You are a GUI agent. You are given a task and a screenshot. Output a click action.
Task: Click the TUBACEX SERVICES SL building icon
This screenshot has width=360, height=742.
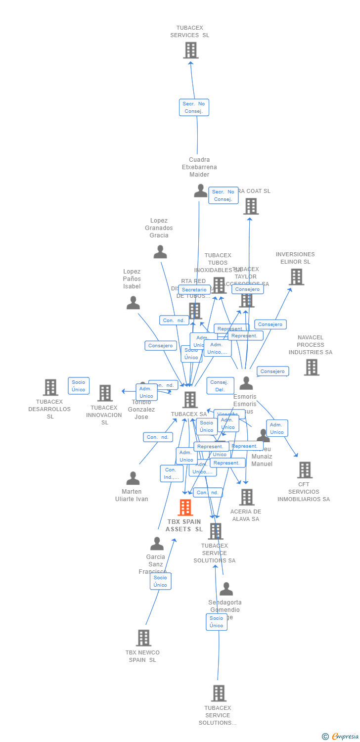pos(190,50)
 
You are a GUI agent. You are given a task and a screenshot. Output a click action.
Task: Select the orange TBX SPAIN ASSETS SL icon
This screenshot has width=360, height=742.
pos(185,508)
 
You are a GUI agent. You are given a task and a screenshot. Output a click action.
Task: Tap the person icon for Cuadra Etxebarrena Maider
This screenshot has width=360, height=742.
pos(200,191)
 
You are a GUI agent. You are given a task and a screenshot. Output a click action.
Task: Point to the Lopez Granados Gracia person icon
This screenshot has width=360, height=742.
pos(160,252)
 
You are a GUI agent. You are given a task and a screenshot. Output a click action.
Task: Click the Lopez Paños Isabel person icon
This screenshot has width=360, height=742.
pos(133,303)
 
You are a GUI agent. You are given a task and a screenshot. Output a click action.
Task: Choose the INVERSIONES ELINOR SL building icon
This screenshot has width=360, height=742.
pos(296,277)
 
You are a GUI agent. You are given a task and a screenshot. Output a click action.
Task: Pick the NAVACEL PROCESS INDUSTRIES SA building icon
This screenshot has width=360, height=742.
pos(311,367)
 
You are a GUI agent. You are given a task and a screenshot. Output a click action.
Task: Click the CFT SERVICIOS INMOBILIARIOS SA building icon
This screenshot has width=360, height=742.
pos(304,470)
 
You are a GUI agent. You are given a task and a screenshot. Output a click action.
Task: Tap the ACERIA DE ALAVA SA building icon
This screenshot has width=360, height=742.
pos(246,497)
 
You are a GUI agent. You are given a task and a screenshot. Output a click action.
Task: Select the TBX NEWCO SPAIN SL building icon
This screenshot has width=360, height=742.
pos(143,638)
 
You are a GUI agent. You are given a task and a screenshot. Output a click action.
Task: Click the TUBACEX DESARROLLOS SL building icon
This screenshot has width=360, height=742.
pos(50,387)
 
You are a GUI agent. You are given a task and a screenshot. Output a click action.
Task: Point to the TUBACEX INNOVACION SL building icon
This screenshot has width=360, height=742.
pos(105,393)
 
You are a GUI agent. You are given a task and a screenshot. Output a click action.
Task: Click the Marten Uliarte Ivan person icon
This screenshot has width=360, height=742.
pos(133,478)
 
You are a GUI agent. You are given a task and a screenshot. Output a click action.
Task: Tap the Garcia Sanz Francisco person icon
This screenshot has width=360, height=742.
pos(157,544)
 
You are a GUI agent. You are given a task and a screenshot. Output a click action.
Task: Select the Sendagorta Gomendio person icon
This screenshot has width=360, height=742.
pos(226,589)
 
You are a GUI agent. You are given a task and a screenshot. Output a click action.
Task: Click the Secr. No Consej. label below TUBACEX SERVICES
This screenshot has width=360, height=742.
pos(194,107)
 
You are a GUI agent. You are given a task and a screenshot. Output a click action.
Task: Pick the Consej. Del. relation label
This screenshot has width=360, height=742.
pos(220,386)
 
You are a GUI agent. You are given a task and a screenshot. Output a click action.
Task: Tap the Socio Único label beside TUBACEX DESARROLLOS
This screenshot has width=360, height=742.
pos(79,386)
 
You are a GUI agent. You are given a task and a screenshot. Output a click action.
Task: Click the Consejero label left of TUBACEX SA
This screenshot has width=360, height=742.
pos(160,346)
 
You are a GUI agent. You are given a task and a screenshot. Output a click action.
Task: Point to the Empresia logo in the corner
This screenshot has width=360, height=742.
pos(340,737)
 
